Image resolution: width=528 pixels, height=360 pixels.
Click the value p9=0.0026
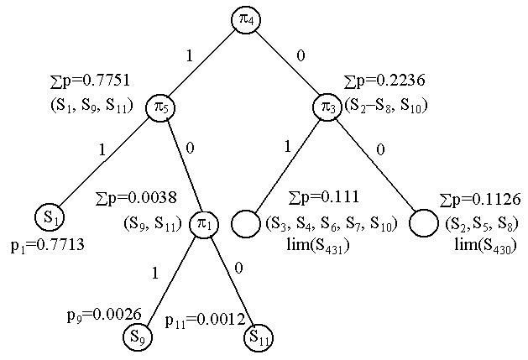pyautogui.click(x=98, y=316)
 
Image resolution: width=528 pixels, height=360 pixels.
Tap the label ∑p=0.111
pyautogui.click(x=323, y=198)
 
